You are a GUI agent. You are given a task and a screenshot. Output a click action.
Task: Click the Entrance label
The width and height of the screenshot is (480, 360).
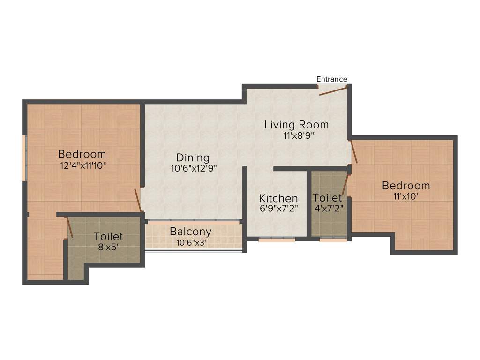[331, 79]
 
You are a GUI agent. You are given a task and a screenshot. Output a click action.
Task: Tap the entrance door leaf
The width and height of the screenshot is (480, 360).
[333, 90]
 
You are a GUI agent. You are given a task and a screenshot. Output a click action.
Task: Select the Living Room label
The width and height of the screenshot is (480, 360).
[296, 125]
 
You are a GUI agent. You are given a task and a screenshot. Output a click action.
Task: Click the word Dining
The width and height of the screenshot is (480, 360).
[193, 157]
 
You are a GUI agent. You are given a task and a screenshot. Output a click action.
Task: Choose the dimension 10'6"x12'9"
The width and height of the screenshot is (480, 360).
[193, 169]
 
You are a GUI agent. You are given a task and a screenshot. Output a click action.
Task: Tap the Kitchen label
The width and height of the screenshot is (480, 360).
[278, 198]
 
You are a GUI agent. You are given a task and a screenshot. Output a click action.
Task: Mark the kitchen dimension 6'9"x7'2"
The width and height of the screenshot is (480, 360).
[278, 209]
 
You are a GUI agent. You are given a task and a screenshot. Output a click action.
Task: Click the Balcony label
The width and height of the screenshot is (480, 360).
[190, 232]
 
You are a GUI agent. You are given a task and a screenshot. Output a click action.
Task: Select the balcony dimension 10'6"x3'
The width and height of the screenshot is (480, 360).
[190, 242]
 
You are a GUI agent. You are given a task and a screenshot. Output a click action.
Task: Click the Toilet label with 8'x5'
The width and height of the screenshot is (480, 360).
[108, 236]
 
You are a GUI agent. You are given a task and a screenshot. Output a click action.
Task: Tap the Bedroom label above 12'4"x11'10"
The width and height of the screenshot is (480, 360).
[82, 154]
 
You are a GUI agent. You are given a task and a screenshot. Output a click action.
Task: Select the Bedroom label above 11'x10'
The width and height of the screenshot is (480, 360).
[406, 186]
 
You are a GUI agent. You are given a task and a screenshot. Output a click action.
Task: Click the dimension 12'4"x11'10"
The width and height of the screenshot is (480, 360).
[82, 165]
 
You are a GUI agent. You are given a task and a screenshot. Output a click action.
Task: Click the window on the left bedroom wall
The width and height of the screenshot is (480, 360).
[24, 158]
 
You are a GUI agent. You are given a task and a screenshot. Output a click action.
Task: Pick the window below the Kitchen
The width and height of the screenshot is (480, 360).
[277, 240]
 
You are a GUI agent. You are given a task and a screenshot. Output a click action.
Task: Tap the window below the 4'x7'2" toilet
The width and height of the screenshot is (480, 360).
[333, 240]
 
